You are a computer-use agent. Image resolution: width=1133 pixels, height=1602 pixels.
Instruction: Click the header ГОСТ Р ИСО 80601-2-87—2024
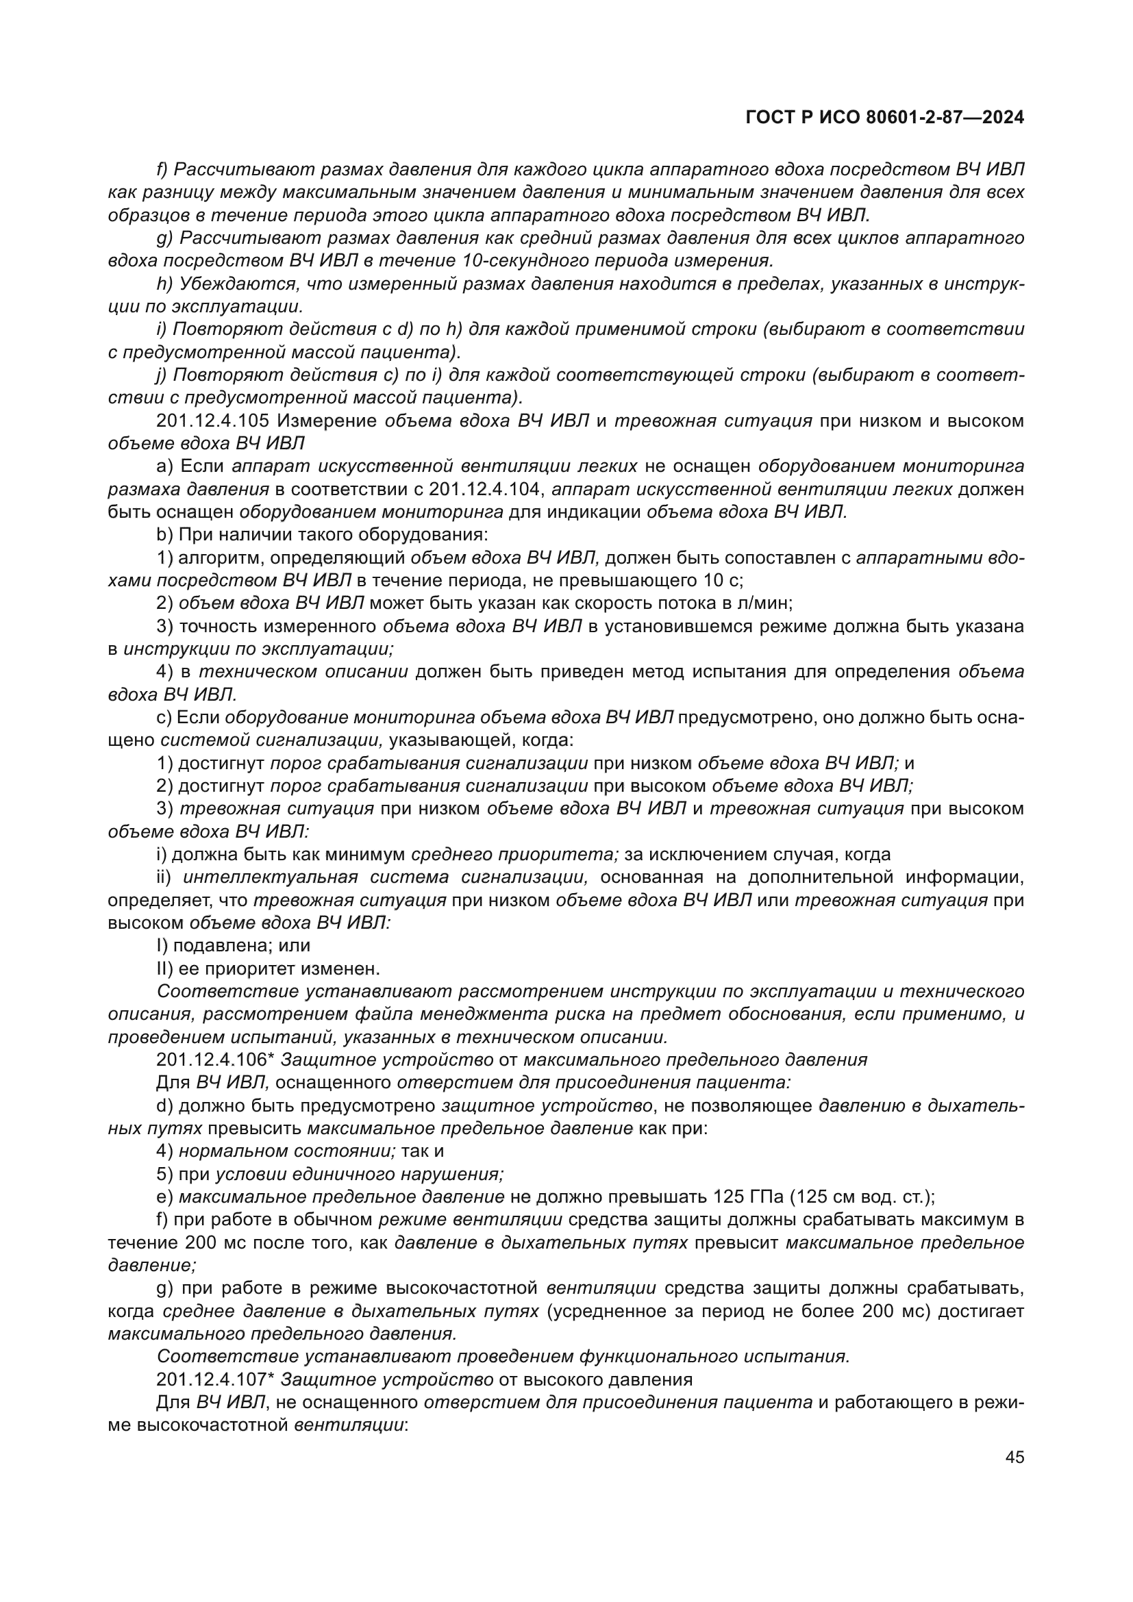point(884,117)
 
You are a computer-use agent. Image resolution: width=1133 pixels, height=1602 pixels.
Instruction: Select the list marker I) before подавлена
point(162,945)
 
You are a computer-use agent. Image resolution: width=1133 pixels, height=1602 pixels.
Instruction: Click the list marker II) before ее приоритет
point(164,968)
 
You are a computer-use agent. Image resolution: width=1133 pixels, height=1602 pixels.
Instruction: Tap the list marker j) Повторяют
point(161,375)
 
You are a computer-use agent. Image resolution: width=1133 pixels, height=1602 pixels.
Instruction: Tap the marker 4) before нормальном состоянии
point(164,1151)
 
